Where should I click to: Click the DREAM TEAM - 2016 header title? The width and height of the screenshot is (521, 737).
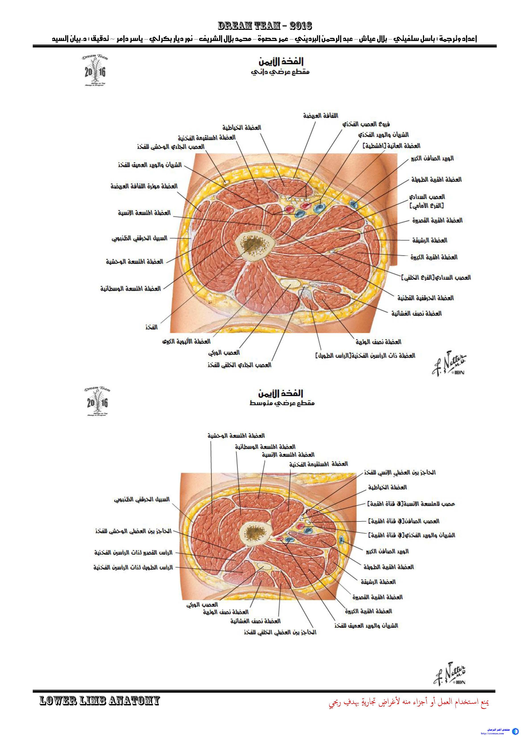(265, 26)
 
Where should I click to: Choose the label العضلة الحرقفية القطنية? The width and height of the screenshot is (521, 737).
(425, 298)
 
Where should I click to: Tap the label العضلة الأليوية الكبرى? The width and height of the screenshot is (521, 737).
(186, 342)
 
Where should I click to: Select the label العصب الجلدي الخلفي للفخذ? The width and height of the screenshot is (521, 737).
(239, 365)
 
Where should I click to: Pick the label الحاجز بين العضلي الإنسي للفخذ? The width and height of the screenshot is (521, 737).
(400, 473)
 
